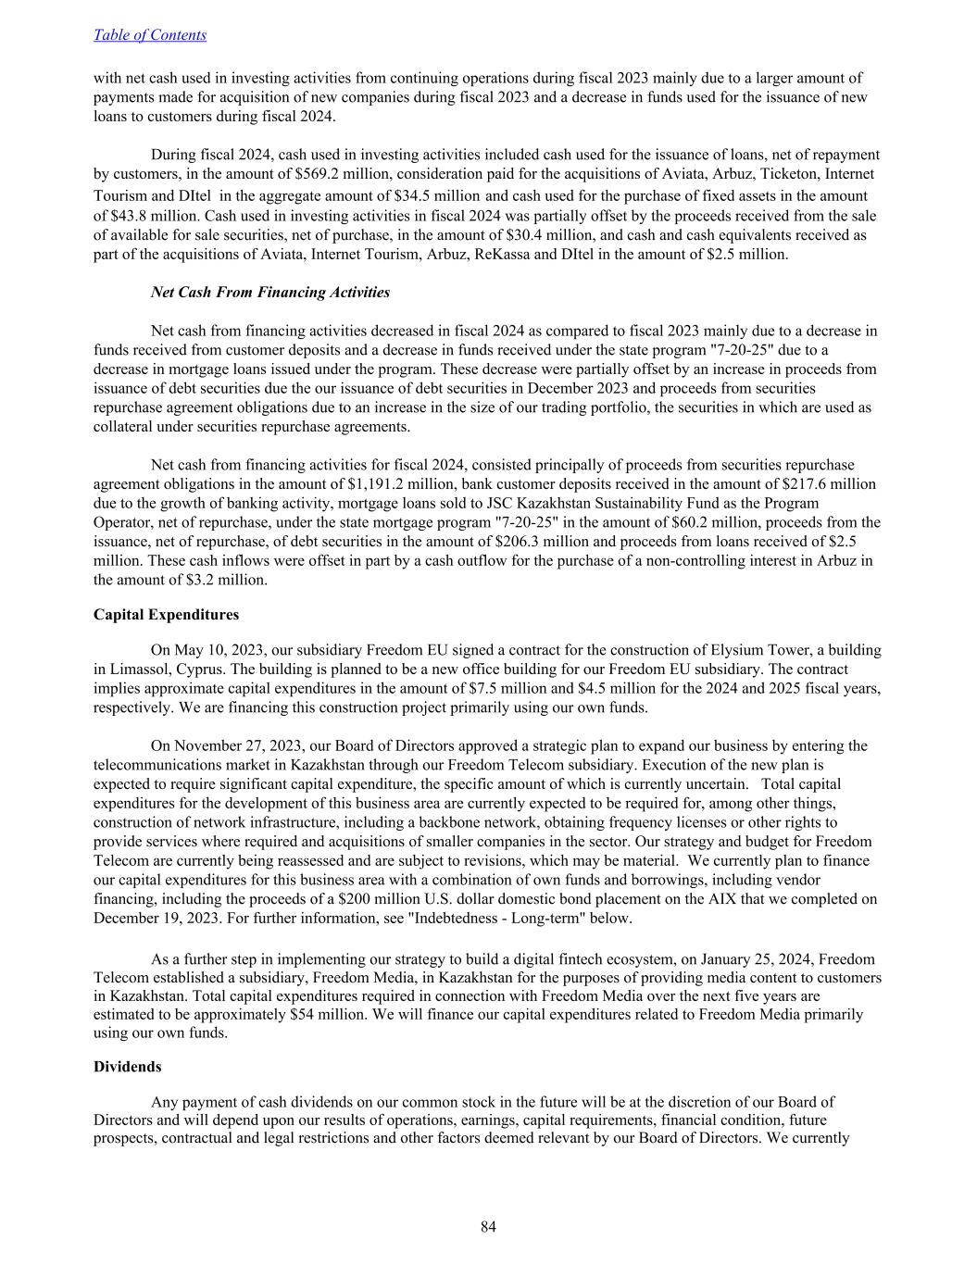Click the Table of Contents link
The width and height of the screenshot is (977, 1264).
tap(150, 35)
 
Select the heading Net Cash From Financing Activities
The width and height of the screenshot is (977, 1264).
tap(269, 293)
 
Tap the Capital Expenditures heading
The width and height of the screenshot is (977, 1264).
tap(166, 615)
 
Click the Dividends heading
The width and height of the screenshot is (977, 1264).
tap(127, 1067)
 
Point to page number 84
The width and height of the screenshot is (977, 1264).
tap(488, 1228)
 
